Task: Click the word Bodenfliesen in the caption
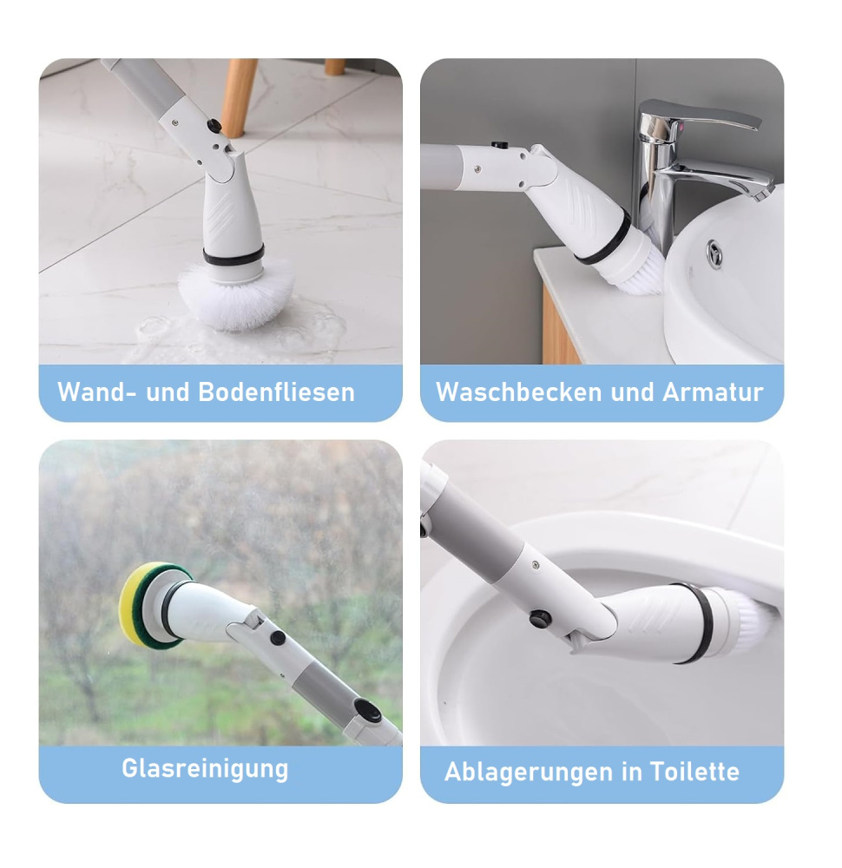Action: [276, 392]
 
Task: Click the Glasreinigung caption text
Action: [205, 769]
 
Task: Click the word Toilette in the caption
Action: [694, 772]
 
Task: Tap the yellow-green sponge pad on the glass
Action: [139, 605]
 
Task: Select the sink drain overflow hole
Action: [714, 253]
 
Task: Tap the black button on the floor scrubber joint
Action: [213, 127]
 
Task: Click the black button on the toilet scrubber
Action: [541, 620]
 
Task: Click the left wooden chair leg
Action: [238, 95]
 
